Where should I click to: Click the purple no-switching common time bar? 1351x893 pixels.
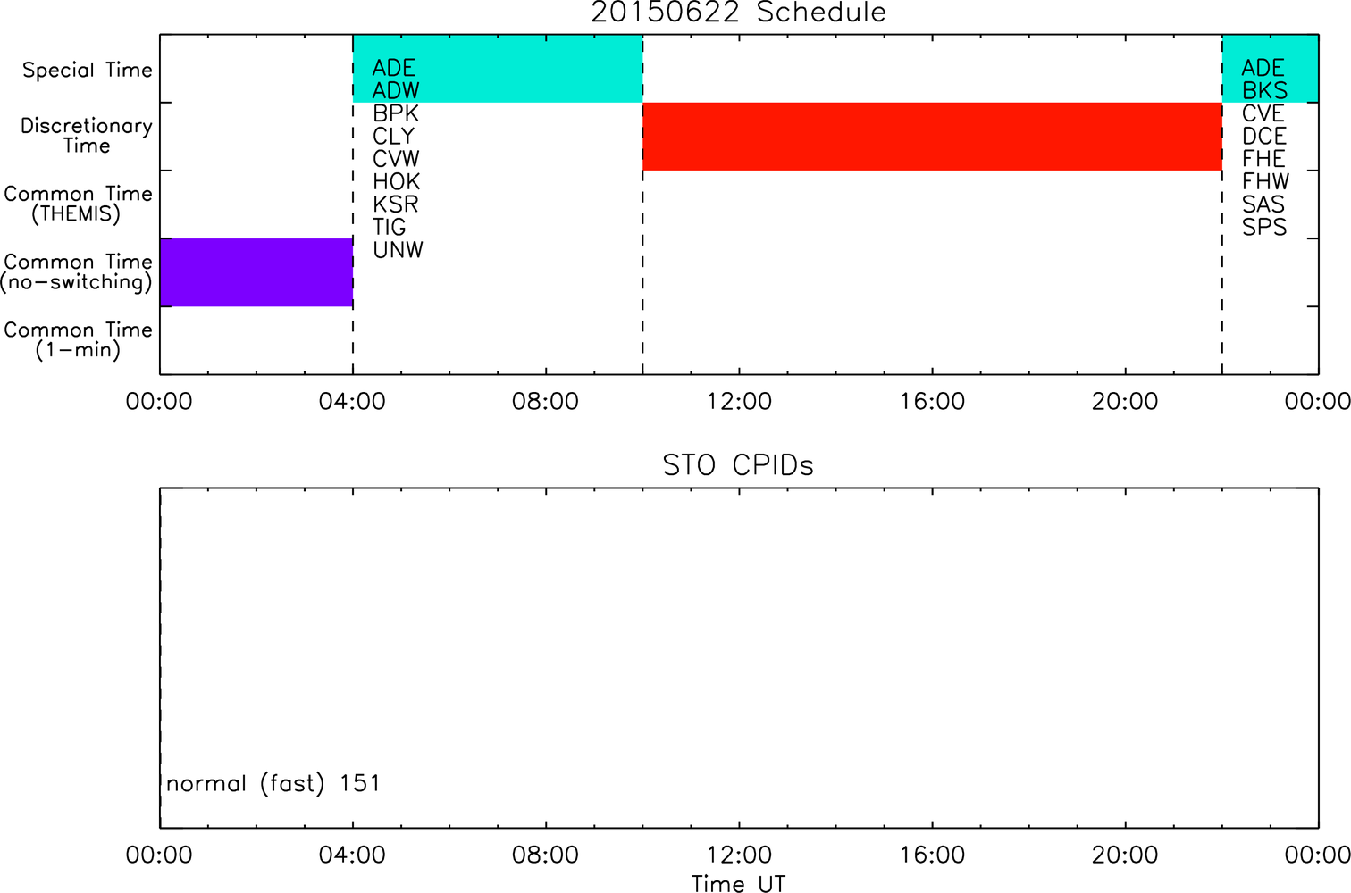coord(256,272)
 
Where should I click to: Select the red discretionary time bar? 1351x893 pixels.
coord(933,137)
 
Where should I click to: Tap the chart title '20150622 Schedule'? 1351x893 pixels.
coord(739,13)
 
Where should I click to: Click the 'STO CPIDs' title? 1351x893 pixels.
coord(739,465)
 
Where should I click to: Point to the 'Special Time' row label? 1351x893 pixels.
coord(88,70)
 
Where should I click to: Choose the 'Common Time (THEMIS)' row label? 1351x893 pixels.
coord(78,204)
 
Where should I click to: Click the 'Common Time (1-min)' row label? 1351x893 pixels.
coord(78,339)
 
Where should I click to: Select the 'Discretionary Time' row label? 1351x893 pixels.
coord(87,136)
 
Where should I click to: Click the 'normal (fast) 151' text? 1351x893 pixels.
coord(273,783)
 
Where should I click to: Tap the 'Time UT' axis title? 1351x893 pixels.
coord(739,883)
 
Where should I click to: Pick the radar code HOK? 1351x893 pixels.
coord(396,181)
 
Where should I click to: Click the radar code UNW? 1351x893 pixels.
coord(399,250)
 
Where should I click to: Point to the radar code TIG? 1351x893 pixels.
coord(390,227)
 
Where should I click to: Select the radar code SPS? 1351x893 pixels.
coord(1264,227)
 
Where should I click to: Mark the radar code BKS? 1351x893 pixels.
coord(1265,90)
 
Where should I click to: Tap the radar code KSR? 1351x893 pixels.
coord(396,204)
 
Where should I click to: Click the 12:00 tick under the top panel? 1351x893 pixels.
coord(739,401)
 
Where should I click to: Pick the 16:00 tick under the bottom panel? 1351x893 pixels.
coord(933,855)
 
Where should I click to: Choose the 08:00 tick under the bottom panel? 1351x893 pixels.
coord(546,855)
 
